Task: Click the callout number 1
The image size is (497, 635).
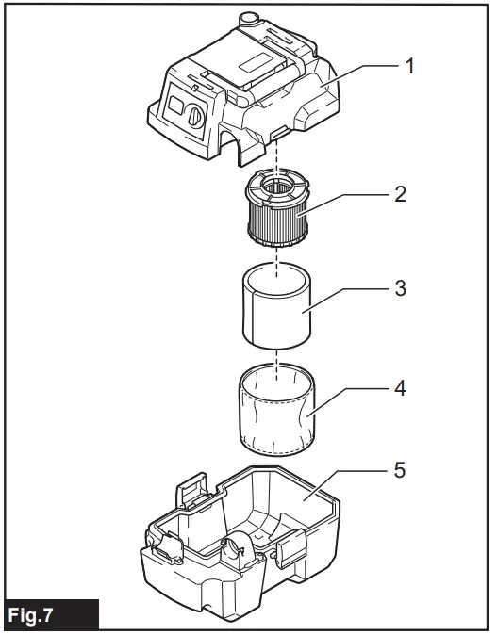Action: pyautogui.click(x=409, y=66)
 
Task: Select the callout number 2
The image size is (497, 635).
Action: pyautogui.click(x=400, y=194)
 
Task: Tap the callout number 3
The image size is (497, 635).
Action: pyautogui.click(x=400, y=288)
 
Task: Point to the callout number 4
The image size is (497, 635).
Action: pyautogui.click(x=400, y=385)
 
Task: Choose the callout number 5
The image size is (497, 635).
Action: pyautogui.click(x=400, y=468)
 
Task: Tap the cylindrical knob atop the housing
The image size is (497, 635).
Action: pyautogui.click(x=248, y=19)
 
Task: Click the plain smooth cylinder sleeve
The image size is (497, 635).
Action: pyautogui.click(x=277, y=305)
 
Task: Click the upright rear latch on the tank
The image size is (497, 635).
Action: pyautogui.click(x=192, y=493)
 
